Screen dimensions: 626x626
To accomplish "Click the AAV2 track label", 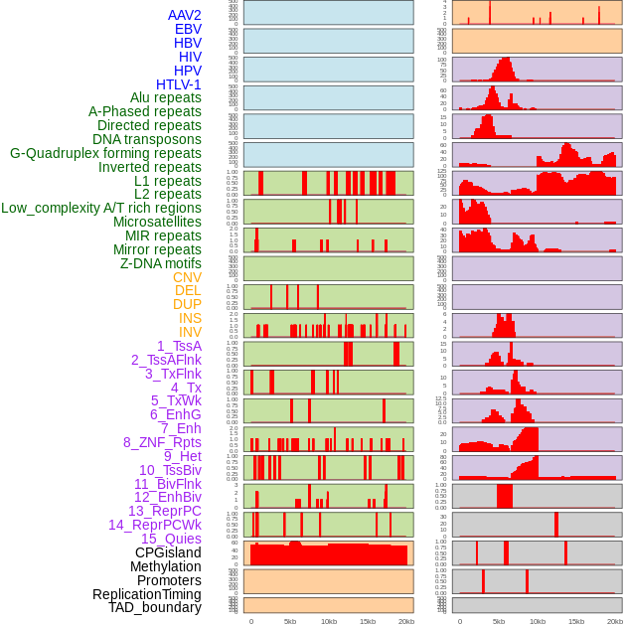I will pos(184,15).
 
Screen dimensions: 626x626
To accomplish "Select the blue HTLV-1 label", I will pos(178,84).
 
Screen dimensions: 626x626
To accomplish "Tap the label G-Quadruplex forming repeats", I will pos(105,153).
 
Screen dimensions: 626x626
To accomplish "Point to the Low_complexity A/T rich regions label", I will pos(101,208).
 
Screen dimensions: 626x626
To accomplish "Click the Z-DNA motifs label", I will pos(160,263).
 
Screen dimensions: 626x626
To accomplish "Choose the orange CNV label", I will pos(187,277).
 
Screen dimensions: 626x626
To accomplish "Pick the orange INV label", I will pos(190,332).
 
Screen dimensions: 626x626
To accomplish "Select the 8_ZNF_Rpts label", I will pos(162,442).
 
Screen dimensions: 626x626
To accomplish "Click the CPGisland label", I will pos(168,552).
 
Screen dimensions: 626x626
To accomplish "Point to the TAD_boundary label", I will pos(154,607).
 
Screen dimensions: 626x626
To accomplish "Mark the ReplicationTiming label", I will pos(146,594).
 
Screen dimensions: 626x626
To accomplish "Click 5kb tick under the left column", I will pos(290,621).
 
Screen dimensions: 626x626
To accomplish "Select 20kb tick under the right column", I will pos(615,621).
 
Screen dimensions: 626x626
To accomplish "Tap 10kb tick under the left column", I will pos(329,621).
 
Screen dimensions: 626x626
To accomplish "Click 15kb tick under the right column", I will pos(576,621).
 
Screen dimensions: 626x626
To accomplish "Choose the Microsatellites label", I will pos(157,222).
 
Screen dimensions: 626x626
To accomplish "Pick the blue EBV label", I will pos(188,29).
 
